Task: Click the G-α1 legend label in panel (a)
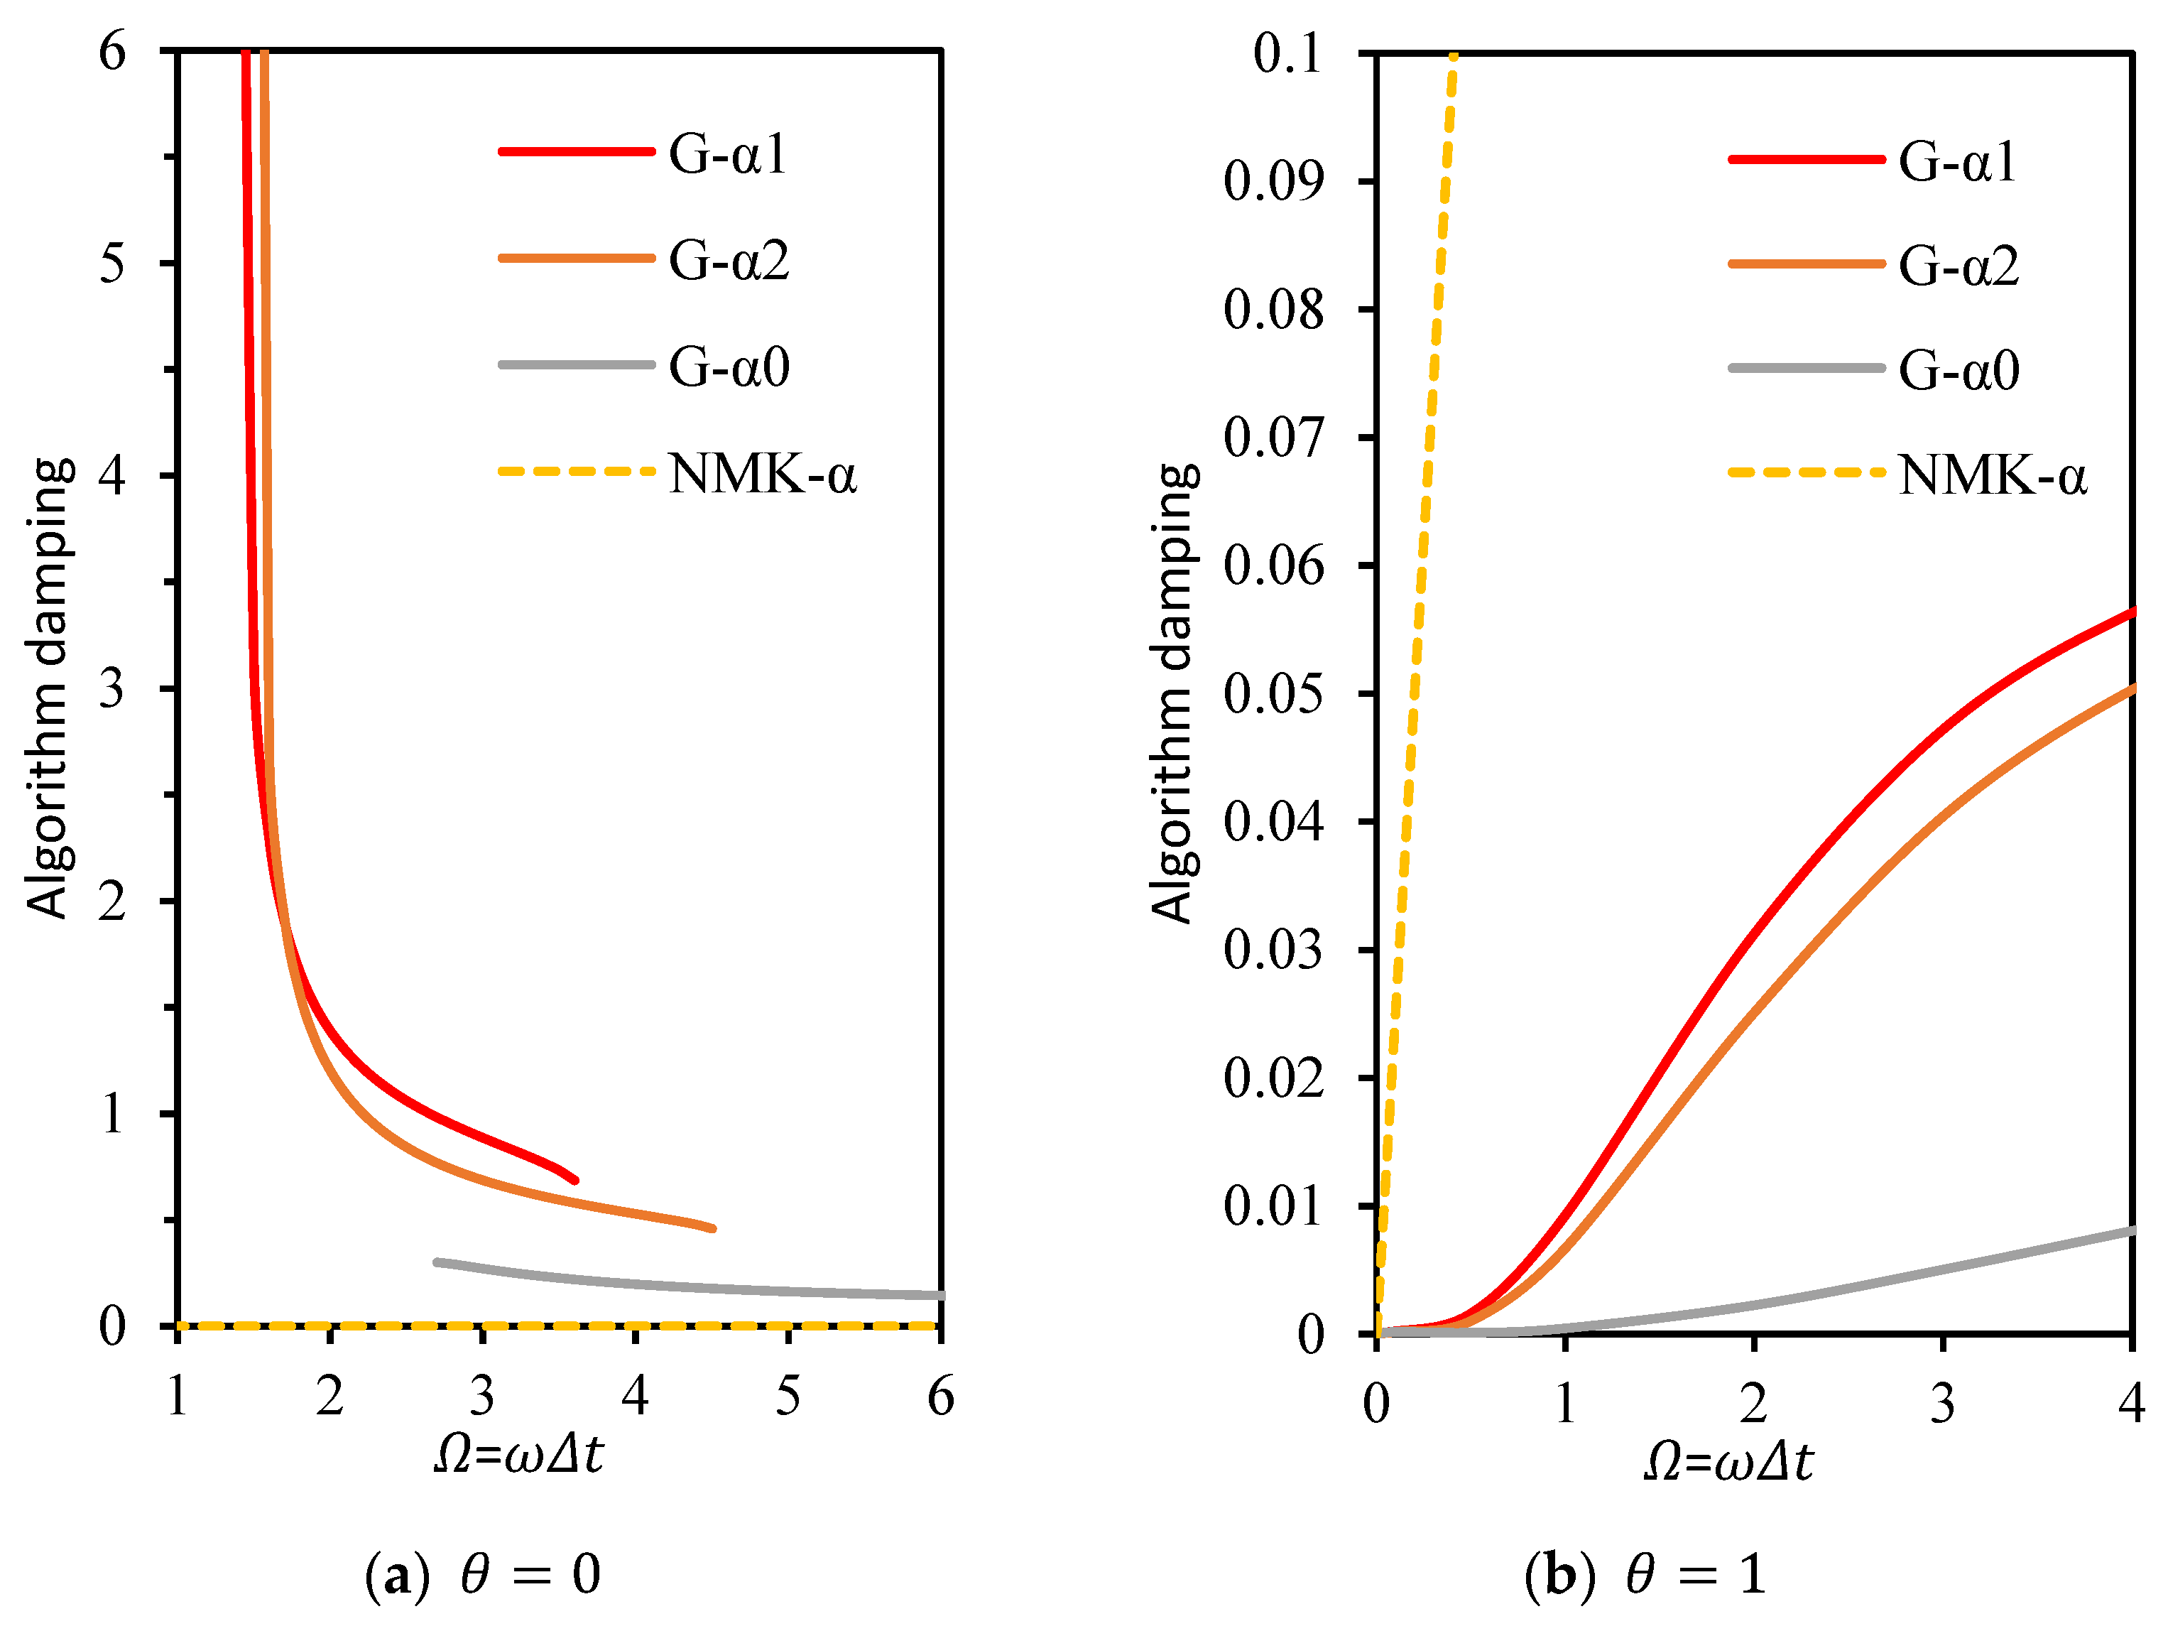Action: coord(727,155)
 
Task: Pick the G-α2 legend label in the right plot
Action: coord(1959,266)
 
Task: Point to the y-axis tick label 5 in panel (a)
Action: coord(113,264)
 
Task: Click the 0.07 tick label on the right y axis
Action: coord(1272,437)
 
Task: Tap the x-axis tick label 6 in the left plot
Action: coord(940,1396)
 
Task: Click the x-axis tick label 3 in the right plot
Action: coord(1943,1404)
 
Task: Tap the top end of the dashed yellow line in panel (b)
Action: coord(1452,57)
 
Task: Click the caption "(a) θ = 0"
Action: coord(482,1575)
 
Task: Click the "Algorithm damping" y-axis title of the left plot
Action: coord(47,688)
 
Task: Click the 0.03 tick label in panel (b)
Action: coord(1272,950)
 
